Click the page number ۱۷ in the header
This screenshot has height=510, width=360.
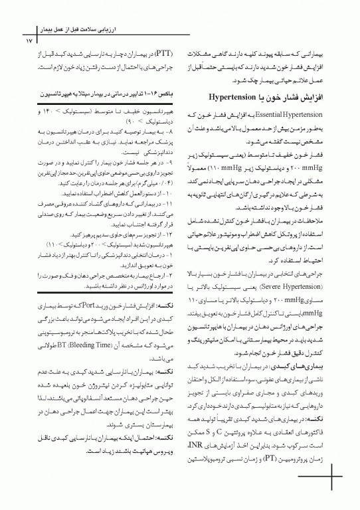click(x=27, y=41)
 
